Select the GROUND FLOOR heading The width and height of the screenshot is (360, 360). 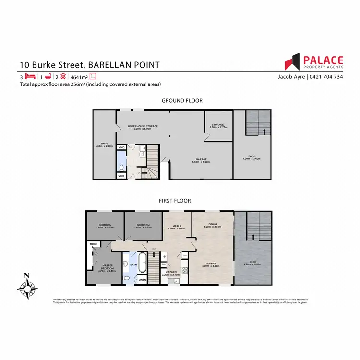(x=182, y=101)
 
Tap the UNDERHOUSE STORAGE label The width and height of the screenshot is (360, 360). (x=143, y=127)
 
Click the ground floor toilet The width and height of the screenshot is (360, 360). (x=122, y=168)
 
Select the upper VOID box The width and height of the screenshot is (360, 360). (x=121, y=148)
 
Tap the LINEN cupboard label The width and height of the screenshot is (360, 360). (x=142, y=279)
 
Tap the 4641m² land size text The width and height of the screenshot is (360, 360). (x=79, y=77)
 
